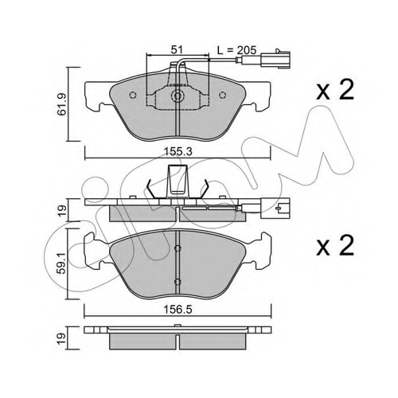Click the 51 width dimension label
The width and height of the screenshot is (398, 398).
(x=177, y=49)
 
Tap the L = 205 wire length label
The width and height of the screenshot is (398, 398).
(x=236, y=50)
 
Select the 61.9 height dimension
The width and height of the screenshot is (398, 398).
(x=61, y=104)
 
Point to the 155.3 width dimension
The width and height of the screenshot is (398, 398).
(x=178, y=152)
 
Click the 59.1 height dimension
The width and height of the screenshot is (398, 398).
(x=61, y=263)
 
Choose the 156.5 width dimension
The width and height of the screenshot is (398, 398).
(x=178, y=310)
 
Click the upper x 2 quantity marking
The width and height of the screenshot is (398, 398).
(x=335, y=90)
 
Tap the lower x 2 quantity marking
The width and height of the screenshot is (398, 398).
(x=335, y=246)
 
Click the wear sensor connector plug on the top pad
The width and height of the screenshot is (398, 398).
(x=275, y=59)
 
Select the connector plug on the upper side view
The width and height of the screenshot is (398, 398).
(x=275, y=209)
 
